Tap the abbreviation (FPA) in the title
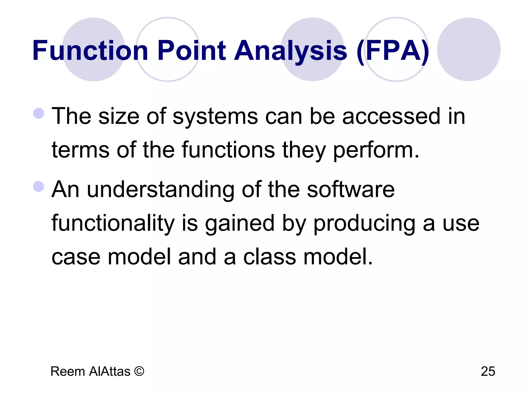(393, 51)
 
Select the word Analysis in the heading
(291, 51)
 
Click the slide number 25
(488, 371)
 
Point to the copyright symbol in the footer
(139, 371)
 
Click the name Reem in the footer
(68, 371)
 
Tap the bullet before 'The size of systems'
(39, 113)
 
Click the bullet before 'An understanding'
(39, 186)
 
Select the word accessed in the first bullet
(391, 116)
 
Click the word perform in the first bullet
(376, 150)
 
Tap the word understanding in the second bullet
(161, 190)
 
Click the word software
(351, 190)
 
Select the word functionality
(113, 223)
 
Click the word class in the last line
(269, 257)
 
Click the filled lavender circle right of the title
(469, 49)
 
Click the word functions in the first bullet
(228, 150)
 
